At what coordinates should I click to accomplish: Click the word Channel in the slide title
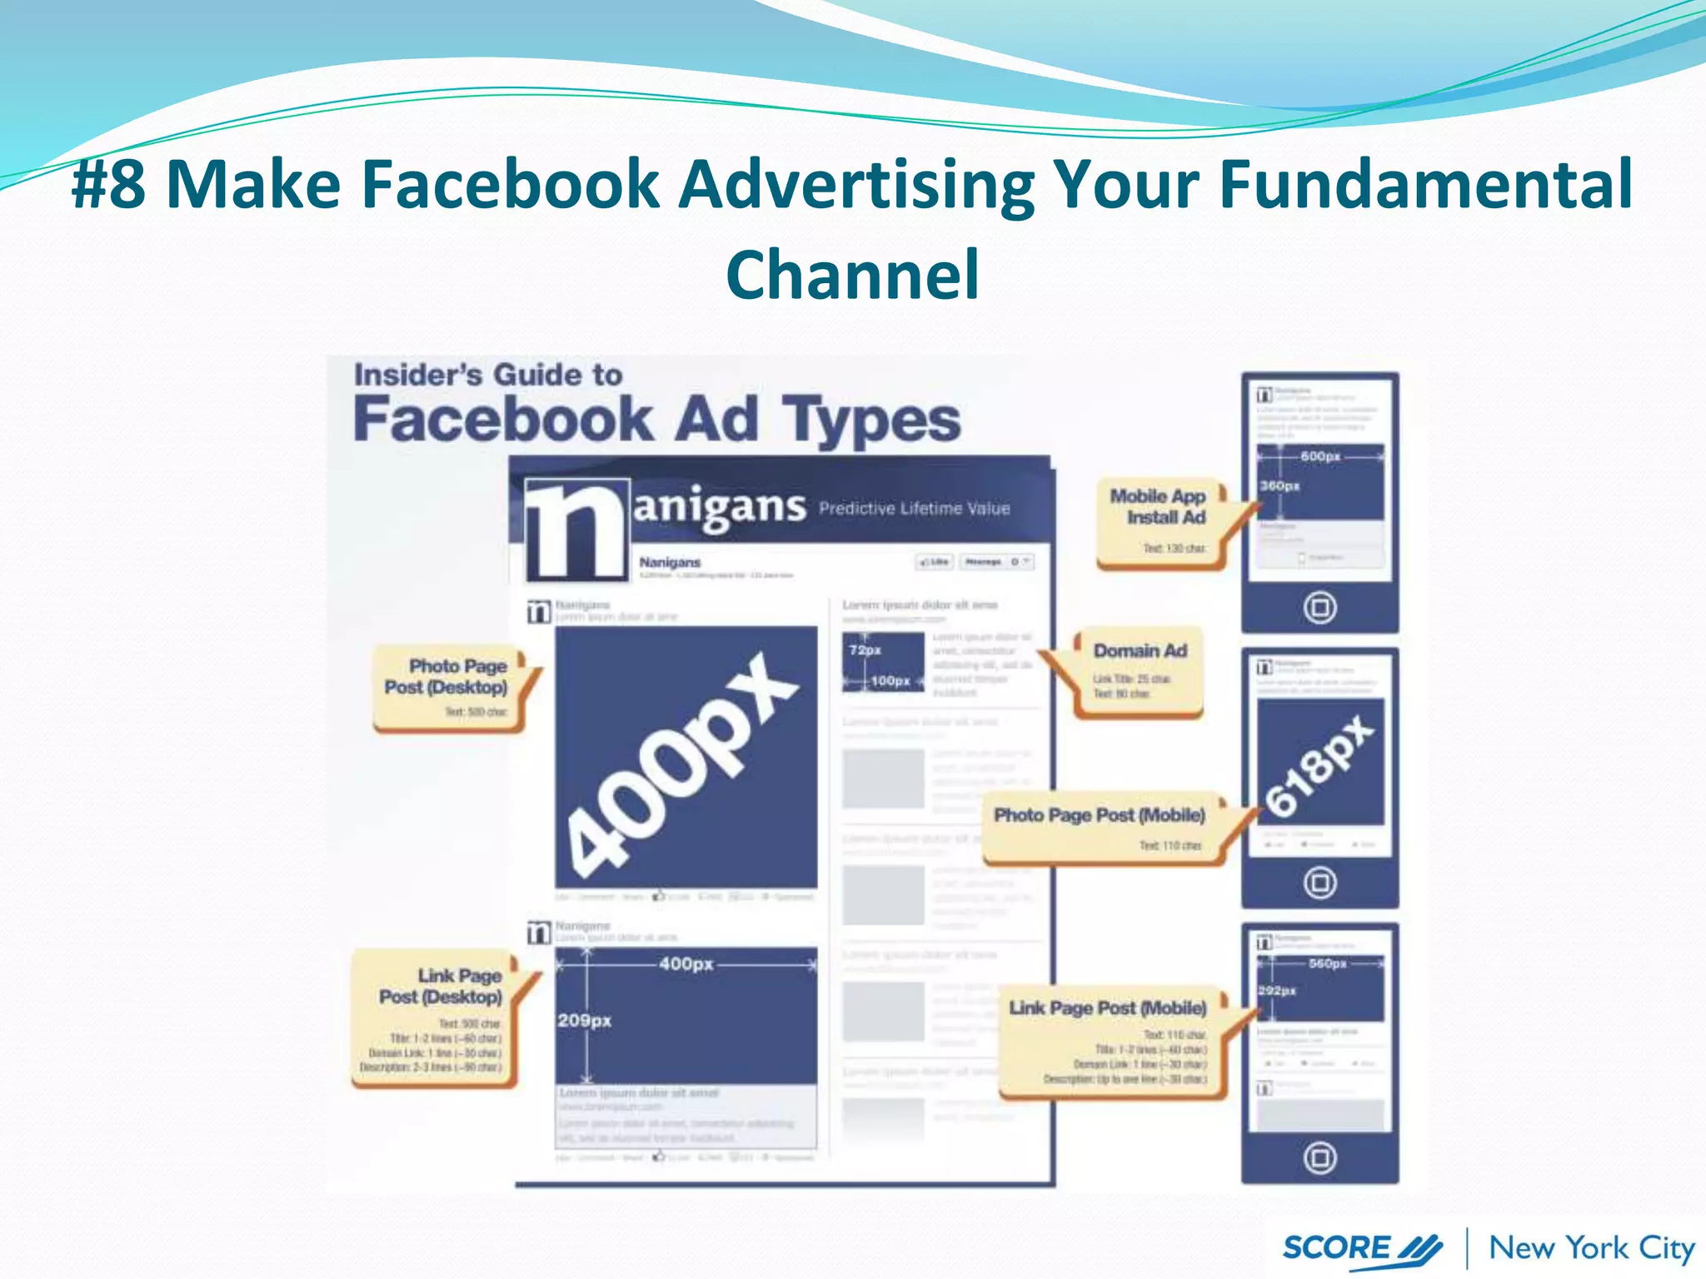point(852,275)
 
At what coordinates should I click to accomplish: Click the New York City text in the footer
point(1591,1248)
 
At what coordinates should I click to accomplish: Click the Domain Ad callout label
point(1139,671)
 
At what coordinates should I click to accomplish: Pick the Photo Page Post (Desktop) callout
point(450,687)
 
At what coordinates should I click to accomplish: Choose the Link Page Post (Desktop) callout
point(437,1017)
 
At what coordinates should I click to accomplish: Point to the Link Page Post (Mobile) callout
point(1110,1041)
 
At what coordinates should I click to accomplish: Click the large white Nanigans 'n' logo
point(576,530)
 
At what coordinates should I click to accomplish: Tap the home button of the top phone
point(1319,607)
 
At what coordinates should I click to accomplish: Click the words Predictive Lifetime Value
point(914,508)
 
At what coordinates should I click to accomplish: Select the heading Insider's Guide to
point(488,375)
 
